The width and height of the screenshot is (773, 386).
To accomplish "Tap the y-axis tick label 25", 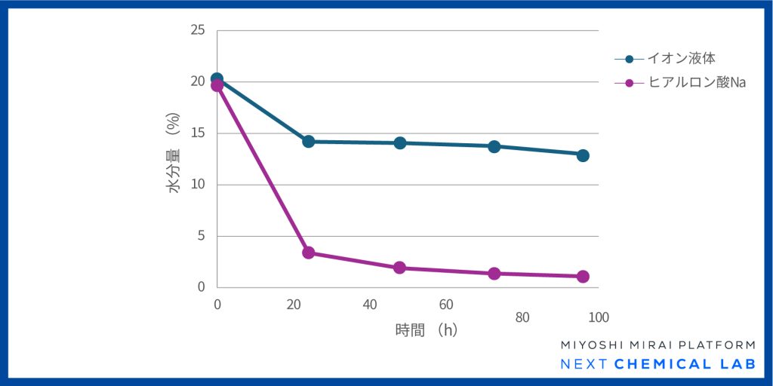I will tap(198, 30).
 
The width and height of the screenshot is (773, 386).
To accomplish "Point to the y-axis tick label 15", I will tap(198, 133).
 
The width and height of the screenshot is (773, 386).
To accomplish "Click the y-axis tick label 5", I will tap(201, 236).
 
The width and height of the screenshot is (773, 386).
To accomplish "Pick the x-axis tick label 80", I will tap(522, 317).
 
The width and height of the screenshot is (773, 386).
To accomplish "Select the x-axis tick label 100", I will tap(599, 317).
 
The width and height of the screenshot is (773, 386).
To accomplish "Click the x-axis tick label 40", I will tap(370, 305).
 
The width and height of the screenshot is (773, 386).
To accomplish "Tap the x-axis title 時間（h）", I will tap(427, 329).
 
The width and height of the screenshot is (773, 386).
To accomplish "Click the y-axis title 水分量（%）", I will tap(174, 154).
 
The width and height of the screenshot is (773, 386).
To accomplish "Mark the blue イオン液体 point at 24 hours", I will tap(308, 141).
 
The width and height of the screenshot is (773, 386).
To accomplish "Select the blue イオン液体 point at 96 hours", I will tap(583, 155).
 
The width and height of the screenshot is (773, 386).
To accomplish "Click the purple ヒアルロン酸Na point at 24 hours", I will tap(308, 253).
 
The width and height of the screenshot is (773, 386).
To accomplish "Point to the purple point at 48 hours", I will tap(400, 268).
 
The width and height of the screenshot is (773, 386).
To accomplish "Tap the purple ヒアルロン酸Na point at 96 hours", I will tap(583, 277).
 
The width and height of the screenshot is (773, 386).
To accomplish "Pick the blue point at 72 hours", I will tap(494, 146).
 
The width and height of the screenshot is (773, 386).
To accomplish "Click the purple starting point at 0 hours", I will tap(217, 85).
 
